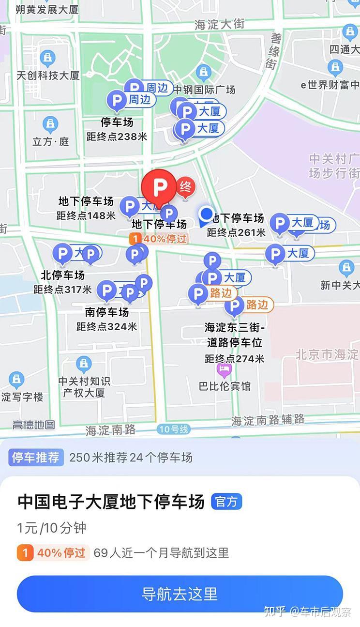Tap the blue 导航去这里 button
180,594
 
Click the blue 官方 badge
226,502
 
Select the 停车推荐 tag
36,457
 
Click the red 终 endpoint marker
185,187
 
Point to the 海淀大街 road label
220,24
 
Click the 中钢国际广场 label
204,90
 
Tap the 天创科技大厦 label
48,76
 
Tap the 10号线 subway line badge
173,429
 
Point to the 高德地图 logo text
33,425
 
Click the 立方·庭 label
51,141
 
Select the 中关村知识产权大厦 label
84,387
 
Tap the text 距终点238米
117,137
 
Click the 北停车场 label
62,275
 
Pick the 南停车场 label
106,312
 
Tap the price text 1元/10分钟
52,528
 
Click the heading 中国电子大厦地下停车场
111,502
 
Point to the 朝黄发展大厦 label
47,9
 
